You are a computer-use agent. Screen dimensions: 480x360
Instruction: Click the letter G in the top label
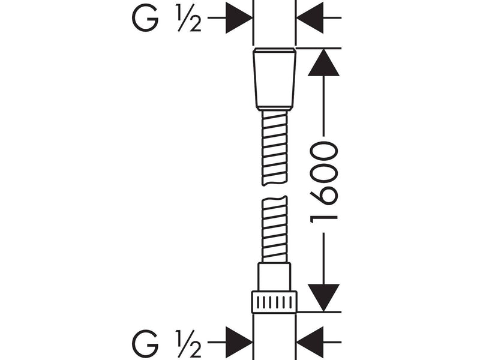tap(145, 19)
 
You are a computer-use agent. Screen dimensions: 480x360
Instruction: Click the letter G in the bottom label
tap(145, 343)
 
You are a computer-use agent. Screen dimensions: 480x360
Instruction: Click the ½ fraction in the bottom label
tap(189, 343)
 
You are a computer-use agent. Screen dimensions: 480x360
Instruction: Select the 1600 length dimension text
tap(324, 182)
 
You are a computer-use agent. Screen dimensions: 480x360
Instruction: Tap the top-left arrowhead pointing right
tap(239, 18)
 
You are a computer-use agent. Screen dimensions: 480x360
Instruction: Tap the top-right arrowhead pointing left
tap(310, 18)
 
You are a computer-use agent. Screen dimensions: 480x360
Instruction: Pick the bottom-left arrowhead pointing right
tap(239, 342)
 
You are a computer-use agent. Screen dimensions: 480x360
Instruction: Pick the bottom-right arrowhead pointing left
tap(310, 342)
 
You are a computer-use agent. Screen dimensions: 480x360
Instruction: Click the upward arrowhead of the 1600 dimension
tap(323, 62)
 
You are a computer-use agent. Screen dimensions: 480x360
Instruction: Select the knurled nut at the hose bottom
tap(274, 302)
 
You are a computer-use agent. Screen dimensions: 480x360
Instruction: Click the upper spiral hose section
tap(275, 148)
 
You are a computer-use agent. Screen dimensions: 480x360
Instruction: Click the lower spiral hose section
tap(275, 229)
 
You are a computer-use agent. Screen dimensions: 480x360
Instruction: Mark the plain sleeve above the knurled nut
tap(274, 277)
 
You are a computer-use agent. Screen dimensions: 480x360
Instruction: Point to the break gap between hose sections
tap(275, 191)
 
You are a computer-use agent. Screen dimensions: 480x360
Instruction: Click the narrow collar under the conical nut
tap(275, 109)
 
